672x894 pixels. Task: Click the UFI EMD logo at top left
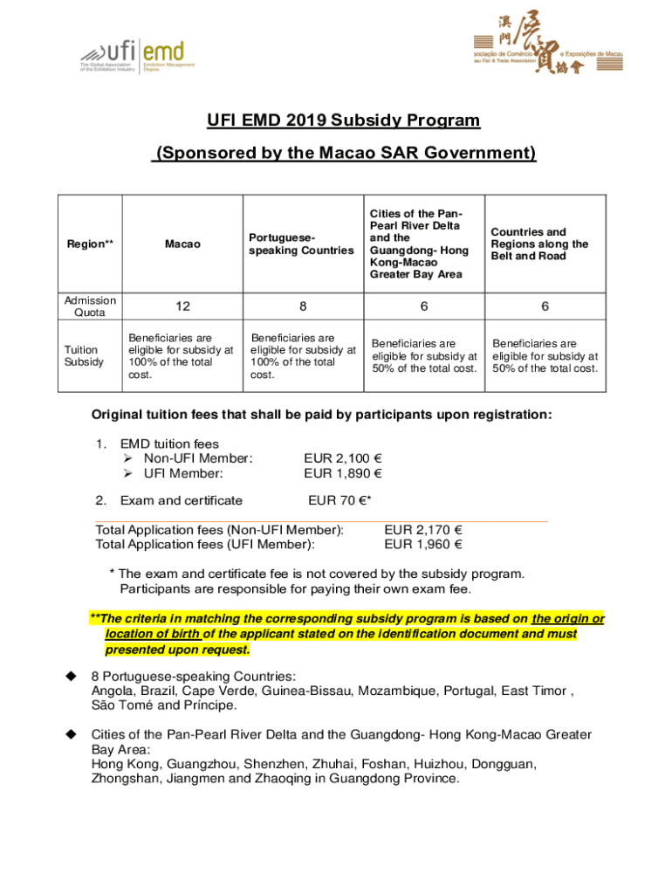click(137, 57)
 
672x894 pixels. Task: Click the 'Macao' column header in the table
click(182, 244)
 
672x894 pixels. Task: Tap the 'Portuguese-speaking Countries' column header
click(301, 244)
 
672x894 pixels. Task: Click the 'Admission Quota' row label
click(90, 306)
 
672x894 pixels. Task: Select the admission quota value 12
click(182, 306)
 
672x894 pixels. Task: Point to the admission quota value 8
click(303, 306)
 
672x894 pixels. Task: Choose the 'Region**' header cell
click(90, 244)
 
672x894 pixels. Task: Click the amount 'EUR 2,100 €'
click(343, 458)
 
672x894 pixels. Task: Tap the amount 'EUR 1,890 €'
click(343, 474)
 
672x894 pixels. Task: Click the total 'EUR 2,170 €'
click(423, 529)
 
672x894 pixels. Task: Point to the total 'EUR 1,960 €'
click(423, 545)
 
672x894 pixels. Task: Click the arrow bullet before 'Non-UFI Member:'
click(127, 458)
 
